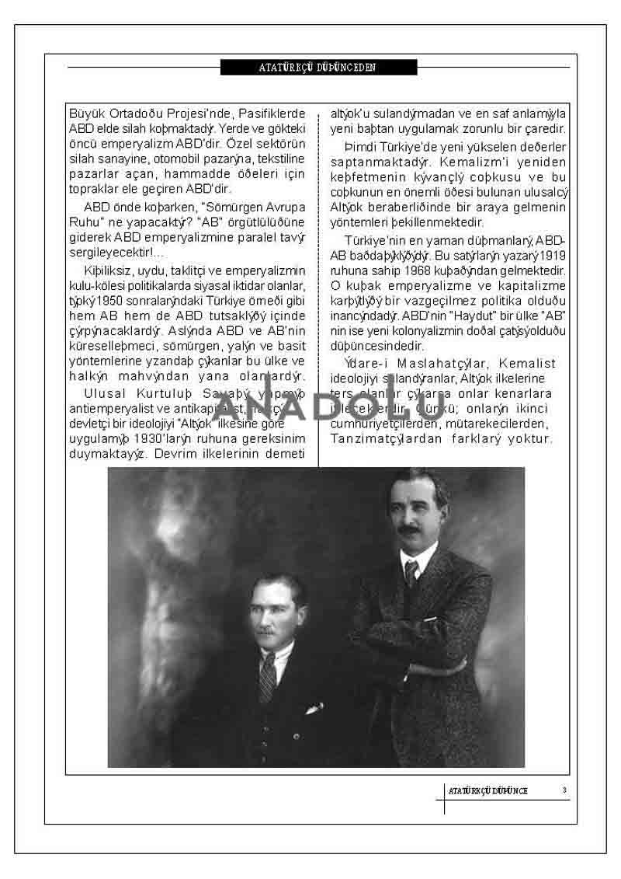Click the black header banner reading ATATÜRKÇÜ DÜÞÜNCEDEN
318,68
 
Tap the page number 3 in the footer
564,790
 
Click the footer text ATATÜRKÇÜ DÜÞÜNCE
488,790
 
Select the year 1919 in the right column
552,255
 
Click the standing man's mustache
409,530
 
